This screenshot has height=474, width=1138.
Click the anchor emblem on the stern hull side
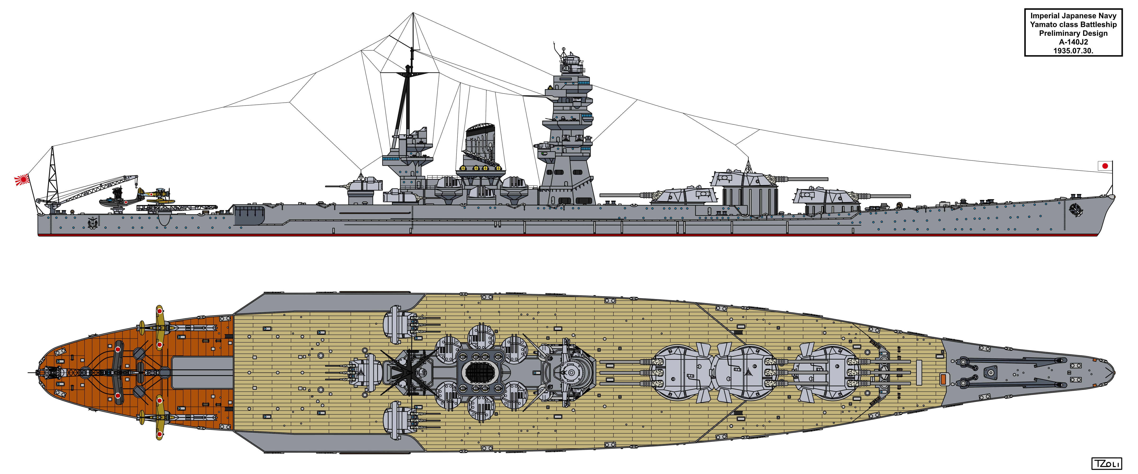pos(93,222)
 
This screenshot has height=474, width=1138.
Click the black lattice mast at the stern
pos(53,174)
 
